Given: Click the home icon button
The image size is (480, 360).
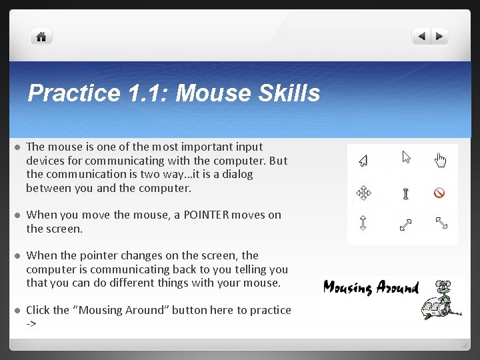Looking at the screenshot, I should pyautogui.click(x=41, y=37).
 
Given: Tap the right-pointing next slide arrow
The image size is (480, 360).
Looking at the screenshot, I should pyautogui.click(x=440, y=37).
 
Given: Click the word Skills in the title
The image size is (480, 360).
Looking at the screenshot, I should pyautogui.click(x=281, y=93).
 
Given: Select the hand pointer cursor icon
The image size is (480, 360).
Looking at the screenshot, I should pyautogui.click(x=440, y=160).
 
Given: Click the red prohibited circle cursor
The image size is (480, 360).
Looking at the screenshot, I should pyautogui.click(x=439, y=193).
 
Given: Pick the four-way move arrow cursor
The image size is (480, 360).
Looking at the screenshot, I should pyautogui.click(x=363, y=193).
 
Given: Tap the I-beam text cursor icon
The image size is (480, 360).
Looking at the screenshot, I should pyautogui.click(x=405, y=194).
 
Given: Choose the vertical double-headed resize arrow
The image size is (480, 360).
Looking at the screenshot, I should pyautogui.click(x=363, y=223).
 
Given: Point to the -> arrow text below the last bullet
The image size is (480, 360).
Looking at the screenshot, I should pyautogui.click(x=31, y=323).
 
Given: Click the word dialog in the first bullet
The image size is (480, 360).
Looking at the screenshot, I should pyautogui.click(x=237, y=174).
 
